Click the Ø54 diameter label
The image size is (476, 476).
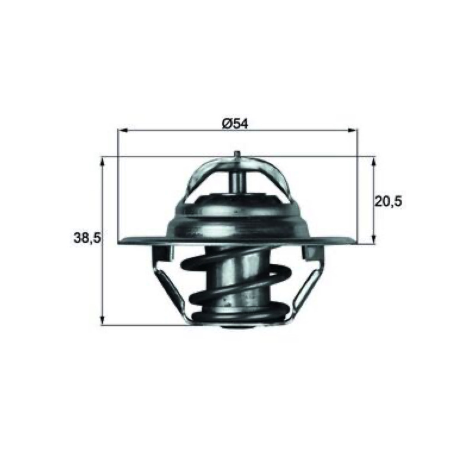[235, 124]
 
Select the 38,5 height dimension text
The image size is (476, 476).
[87, 237]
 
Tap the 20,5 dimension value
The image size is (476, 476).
[389, 201]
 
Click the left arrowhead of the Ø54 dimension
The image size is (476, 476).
[122, 130]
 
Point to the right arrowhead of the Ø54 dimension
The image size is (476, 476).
[353, 130]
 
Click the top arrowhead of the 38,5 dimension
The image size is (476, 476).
[102, 162]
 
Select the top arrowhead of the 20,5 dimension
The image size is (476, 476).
[374, 162]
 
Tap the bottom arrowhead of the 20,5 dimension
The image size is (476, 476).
[374, 239]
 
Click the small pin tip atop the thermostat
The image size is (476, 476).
[237, 154]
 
